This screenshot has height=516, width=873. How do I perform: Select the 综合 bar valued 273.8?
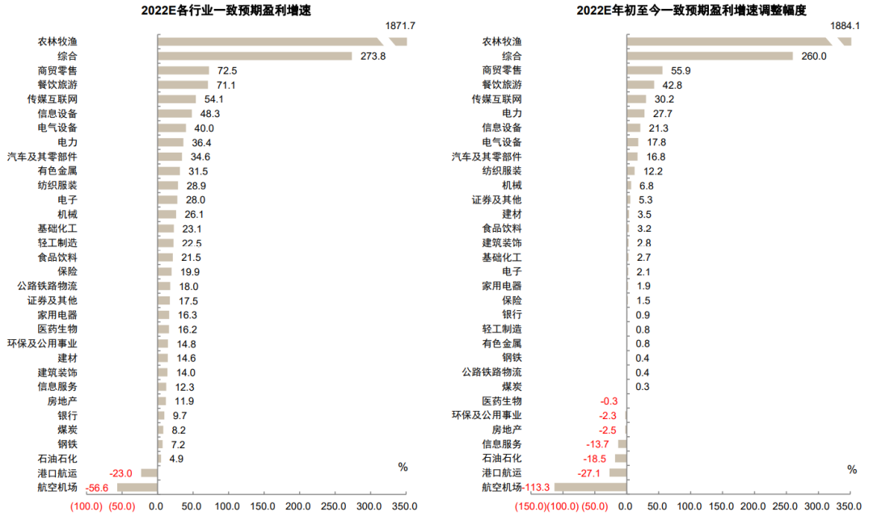pos(255,56)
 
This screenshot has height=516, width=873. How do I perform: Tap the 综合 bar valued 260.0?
pos(710,56)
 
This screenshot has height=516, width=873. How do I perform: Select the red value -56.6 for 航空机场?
pos(97,488)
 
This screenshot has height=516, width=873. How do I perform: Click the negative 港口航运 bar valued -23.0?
pos(149,473)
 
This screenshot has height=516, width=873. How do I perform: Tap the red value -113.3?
pos(538,487)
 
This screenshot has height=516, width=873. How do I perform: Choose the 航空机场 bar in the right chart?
pos(590,487)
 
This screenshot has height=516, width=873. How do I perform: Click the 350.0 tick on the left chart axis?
pos(405,506)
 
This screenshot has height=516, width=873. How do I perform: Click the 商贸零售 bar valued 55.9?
pos(644,70)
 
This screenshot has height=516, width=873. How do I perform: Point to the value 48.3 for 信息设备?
pos(210,113)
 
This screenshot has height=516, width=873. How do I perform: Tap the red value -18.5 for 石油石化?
pos(598,459)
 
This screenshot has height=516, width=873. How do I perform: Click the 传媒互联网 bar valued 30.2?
pos(636,99)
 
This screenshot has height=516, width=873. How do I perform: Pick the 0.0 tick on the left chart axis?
pos(156,506)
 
